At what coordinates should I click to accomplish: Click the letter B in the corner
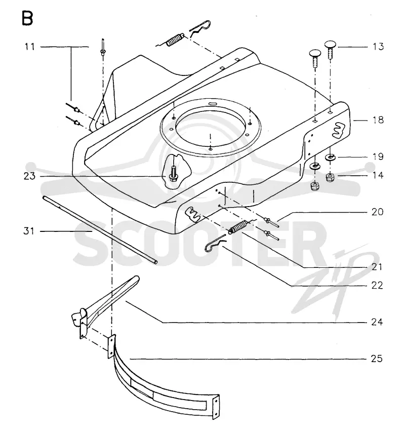27,19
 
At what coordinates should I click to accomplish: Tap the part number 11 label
30,47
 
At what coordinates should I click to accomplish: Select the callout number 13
378,47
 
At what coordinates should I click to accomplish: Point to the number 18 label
378,120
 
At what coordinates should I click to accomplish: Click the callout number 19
378,156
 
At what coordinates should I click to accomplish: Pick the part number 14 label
378,175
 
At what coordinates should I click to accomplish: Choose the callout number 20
378,212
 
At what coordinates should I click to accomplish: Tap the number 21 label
378,267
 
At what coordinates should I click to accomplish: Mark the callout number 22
377,286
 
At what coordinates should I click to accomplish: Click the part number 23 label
29,176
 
